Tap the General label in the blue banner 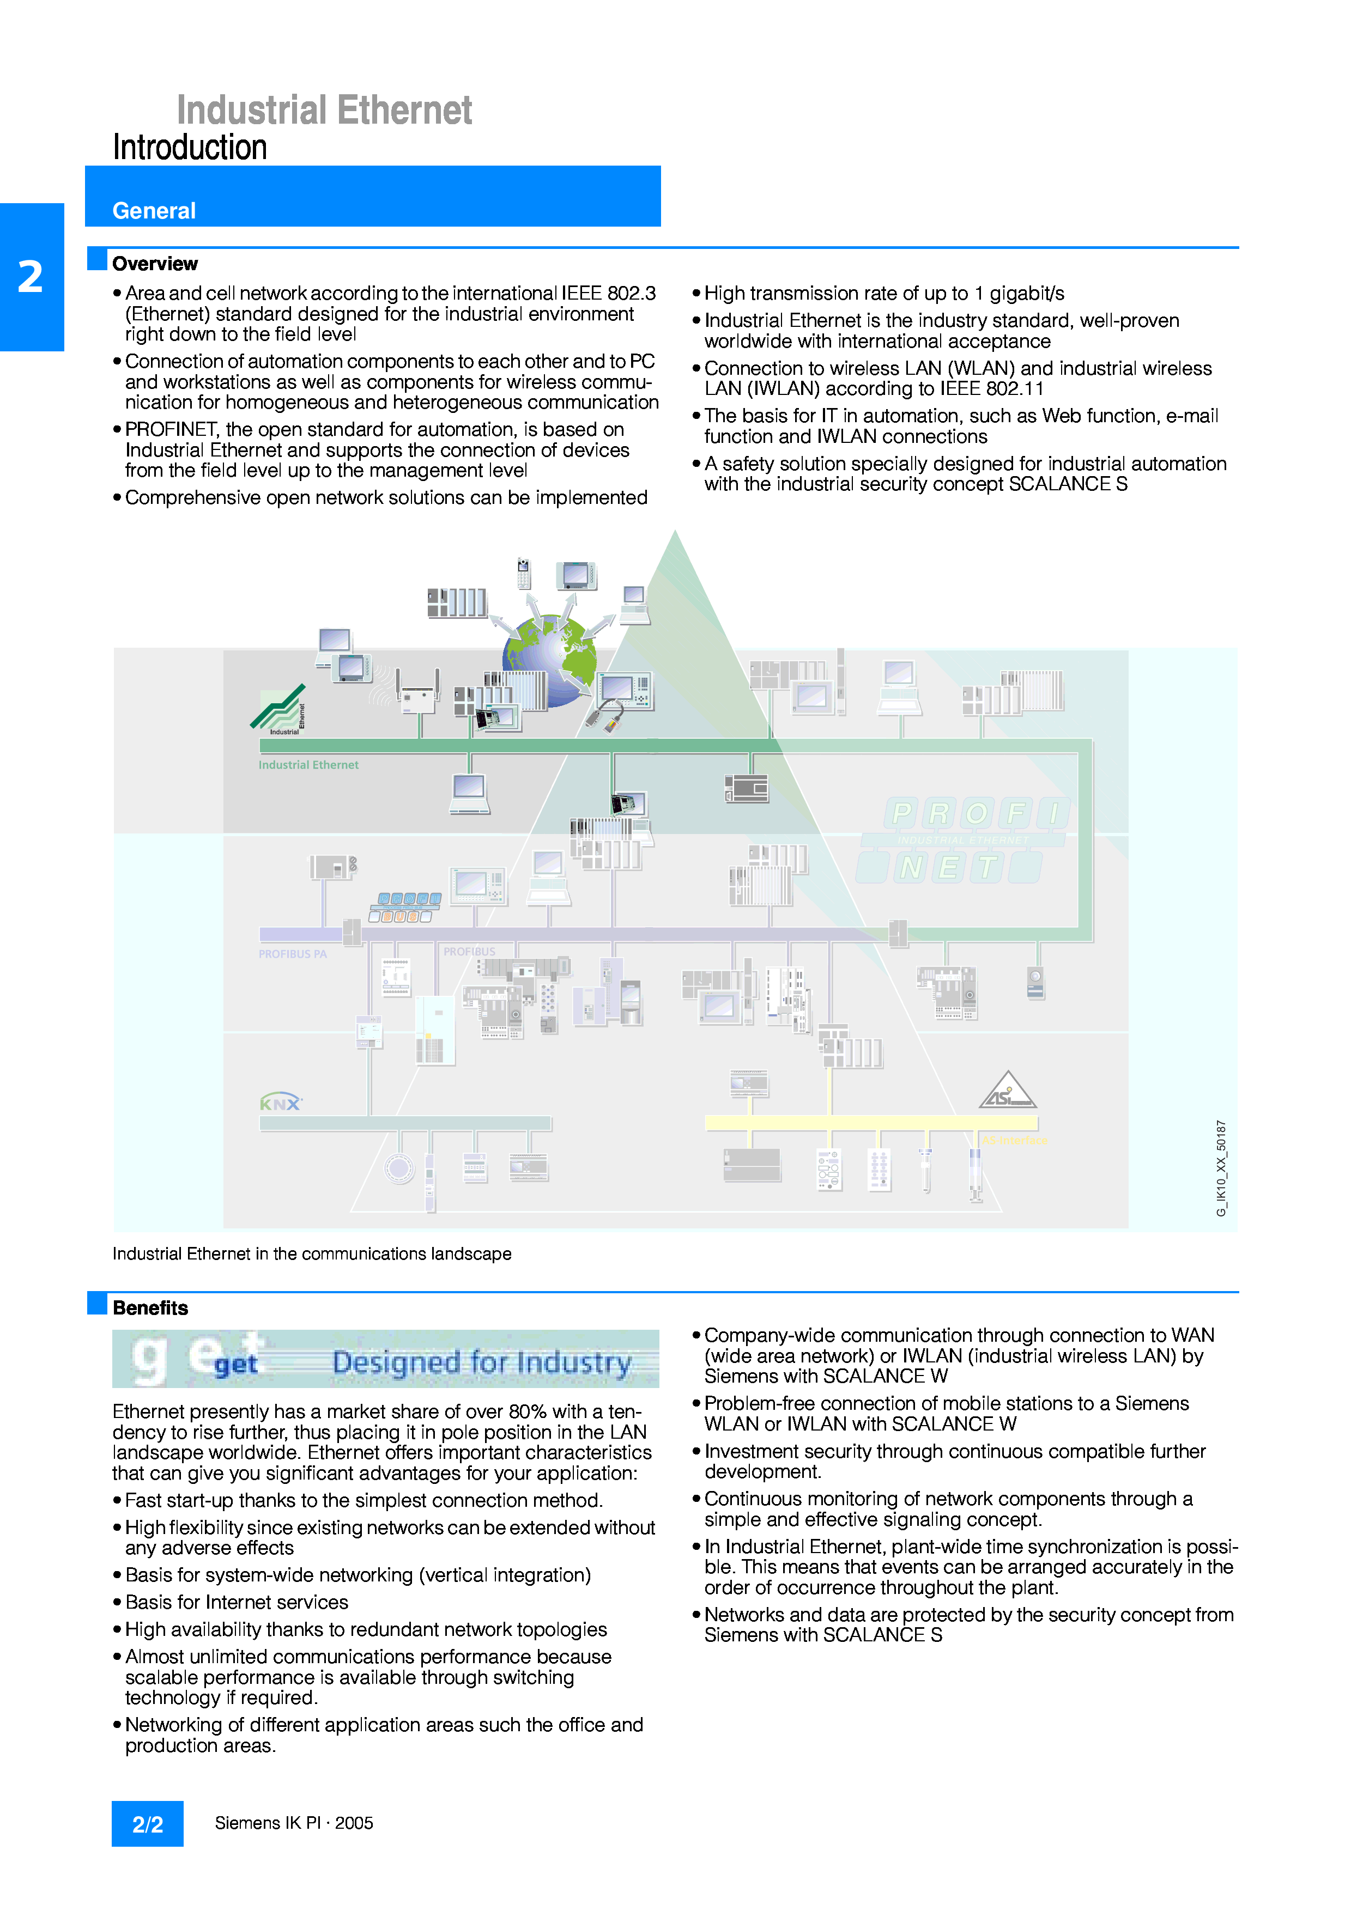(154, 211)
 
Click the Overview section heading (155, 264)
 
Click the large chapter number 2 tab (31, 277)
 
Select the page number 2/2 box (147, 1824)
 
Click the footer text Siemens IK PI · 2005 (294, 1823)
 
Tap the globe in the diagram (549, 660)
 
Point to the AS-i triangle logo (1007, 1091)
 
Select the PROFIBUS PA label (292, 954)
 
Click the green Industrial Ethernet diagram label (308, 765)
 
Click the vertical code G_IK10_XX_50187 (1221, 1168)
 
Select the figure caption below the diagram (311, 1253)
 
